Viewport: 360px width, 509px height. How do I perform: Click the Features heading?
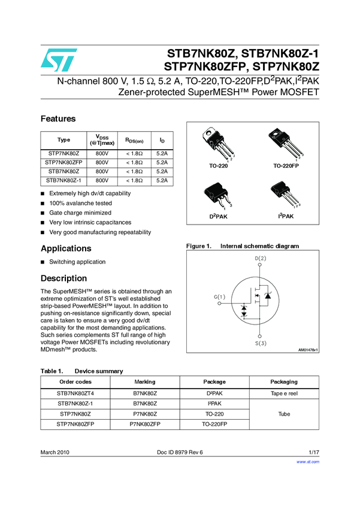[58, 119]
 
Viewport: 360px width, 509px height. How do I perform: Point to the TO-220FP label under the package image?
[286, 165]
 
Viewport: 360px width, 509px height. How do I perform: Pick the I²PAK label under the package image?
[286, 216]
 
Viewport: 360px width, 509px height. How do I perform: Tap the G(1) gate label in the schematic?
[220, 296]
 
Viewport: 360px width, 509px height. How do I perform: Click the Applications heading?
[66, 249]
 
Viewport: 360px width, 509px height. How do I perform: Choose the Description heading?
[63, 278]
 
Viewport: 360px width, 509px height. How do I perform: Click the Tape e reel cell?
[284, 393]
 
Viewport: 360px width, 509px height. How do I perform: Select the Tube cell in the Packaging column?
[284, 414]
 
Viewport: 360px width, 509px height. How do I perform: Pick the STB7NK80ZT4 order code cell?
[75, 393]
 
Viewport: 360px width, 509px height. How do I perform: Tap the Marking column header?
[146, 381]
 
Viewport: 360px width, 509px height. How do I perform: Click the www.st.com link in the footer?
[308, 462]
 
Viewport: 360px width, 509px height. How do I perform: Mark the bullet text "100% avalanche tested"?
[80, 203]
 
